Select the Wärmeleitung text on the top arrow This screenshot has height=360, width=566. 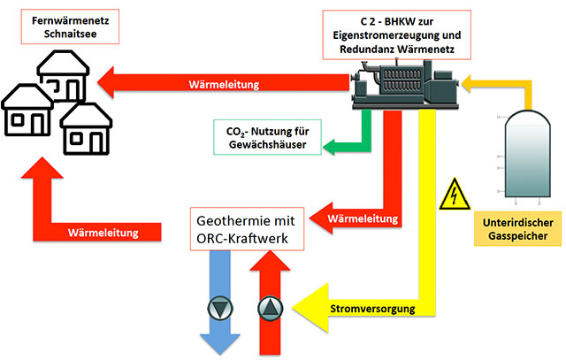224,86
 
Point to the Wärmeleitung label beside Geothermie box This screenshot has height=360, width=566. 357,217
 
